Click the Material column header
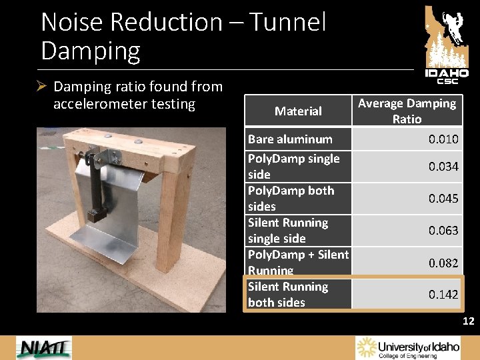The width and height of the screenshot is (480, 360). (298, 111)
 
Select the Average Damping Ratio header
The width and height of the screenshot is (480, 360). (407, 111)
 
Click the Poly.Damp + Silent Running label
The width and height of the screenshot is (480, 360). (298, 262)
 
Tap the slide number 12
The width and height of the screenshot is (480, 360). (468, 322)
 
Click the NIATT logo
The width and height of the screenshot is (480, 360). (44, 348)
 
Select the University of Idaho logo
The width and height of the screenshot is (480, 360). (408, 347)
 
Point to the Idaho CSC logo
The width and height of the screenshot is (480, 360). (447, 44)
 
